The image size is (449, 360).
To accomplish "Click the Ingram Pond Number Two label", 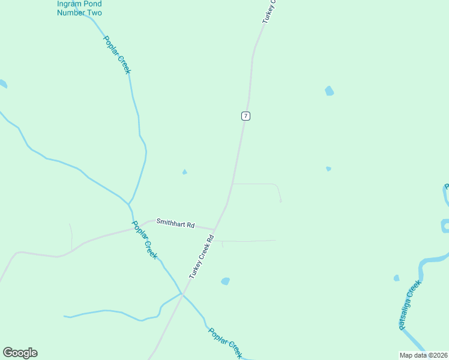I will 79,8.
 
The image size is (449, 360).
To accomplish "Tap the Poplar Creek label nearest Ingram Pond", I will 116,55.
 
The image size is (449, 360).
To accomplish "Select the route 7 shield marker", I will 246,116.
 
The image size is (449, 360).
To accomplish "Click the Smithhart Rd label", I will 175,224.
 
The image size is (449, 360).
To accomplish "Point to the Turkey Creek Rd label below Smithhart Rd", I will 202,257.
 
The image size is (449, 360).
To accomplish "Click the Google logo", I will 20,353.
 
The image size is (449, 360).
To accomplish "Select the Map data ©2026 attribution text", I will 424,355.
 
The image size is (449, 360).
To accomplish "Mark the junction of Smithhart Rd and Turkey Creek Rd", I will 215,229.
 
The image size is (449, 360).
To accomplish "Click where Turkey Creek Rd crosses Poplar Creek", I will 182,294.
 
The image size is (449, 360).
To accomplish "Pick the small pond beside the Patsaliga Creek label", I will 396,278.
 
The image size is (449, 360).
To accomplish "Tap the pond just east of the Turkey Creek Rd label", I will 225,281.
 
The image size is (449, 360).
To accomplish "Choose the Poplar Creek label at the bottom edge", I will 224,343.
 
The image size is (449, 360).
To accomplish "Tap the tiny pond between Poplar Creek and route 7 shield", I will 184,172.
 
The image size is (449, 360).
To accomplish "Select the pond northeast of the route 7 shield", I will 329,91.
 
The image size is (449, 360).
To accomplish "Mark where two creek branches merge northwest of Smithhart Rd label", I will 128,202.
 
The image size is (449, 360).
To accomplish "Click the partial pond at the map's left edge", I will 3,84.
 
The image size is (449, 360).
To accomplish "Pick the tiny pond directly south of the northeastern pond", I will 328,169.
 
